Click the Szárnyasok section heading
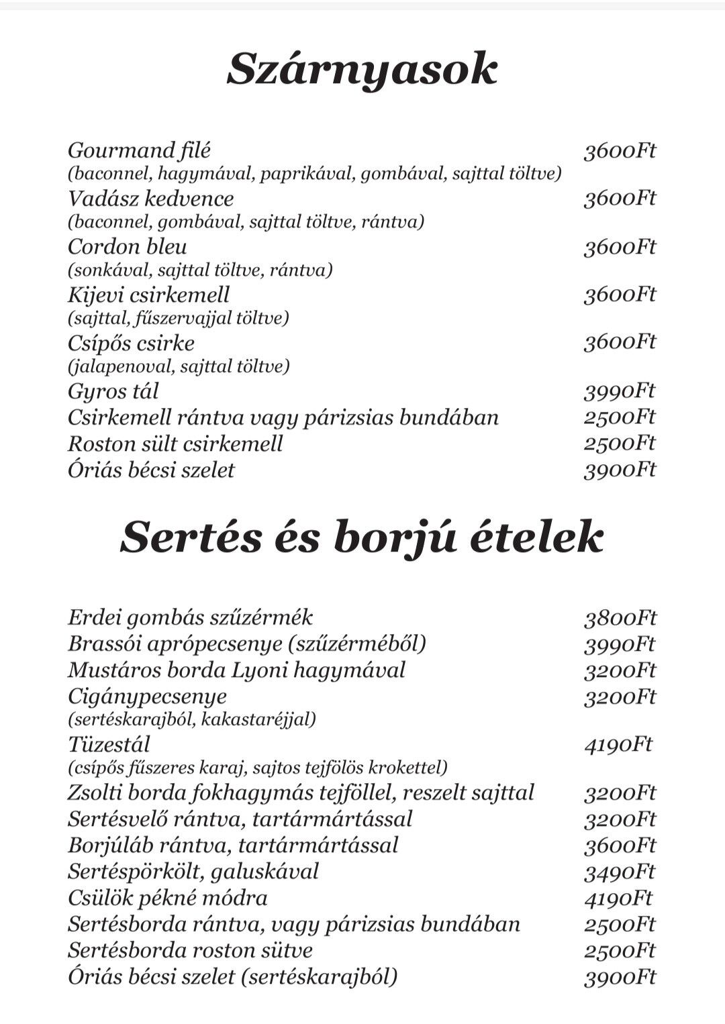pyautogui.click(x=362, y=69)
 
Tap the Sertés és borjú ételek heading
pyautogui.click(x=362, y=538)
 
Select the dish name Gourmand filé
pyautogui.click(x=139, y=150)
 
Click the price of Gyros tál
pyautogui.click(x=619, y=391)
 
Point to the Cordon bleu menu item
pyautogui.click(x=127, y=247)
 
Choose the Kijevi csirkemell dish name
pyautogui.click(x=148, y=295)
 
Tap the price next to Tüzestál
pyautogui.click(x=618, y=745)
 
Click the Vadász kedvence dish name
pyautogui.click(x=150, y=199)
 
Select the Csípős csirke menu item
pyautogui.click(x=131, y=344)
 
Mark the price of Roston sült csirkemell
pyautogui.click(x=619, y=444)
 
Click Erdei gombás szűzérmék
pyautogui.click(x=190, y=617)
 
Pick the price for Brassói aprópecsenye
pyautogui.click(x=619, y=644)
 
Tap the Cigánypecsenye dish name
pyautogui.click(x=147, y=697)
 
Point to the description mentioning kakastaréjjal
pyautogui.click(x=191, y=720)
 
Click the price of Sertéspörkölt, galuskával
pyautogui.click(x=619, y=872)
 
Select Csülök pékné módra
pyautogui.click(x=167, y=898)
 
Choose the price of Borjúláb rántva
pyautogui.click(x=619, y=846)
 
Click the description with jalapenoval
pyautogui.click(x=179, y=366)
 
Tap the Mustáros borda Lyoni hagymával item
pyautogui.click(x=236, y=670)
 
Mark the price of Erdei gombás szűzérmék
pyautogui.click(x=619, y=618)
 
